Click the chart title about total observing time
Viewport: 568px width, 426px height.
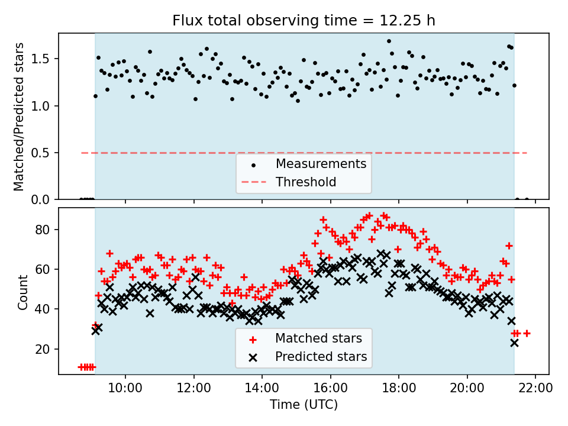click(x=304, y=21)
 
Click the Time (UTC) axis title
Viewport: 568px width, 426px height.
click(x=304, y=405)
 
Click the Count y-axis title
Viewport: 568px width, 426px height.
click(x=23, y=292)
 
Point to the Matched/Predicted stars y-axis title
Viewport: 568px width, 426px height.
click(x=20, y=117)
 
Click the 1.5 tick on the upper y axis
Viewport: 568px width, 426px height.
click(x=46, y=59)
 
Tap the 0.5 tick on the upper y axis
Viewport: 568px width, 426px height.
click(x=46, y=153)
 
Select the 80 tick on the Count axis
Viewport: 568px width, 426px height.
click(x=48, y=230)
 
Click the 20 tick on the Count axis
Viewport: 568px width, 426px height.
click(x=48, y=349)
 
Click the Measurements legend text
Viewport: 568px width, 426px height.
click(x=321, y=163)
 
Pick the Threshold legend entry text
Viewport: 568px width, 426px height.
click(x=306, y=182)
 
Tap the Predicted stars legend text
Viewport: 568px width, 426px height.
click(x=321, y=357)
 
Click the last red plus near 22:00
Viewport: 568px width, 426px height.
click(x=527, y=333)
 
